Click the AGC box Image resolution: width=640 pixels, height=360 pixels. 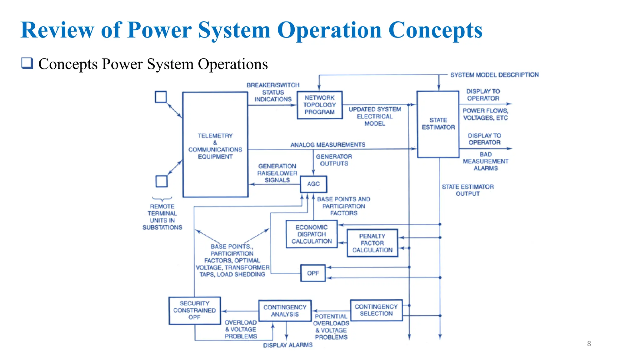[313, 184]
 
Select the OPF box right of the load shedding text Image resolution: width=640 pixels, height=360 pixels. [313, 273]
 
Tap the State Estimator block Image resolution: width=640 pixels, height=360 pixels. [438, 124]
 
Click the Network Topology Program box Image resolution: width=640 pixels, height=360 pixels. [319, 105]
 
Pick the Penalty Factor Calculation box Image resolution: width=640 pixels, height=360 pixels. [372, 243]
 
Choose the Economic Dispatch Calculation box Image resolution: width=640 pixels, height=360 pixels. [312, 234]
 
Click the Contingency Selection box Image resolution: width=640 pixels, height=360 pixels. [376, 310]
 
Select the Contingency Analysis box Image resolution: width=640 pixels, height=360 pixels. [285, 311]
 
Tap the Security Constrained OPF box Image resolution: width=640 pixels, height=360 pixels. [194, 311]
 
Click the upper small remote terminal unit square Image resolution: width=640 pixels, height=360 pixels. [161, 97]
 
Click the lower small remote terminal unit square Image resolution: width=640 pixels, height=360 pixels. [162, 181]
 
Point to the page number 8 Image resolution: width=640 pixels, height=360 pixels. [589, 344]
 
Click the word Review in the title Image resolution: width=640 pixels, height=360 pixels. [57, 30]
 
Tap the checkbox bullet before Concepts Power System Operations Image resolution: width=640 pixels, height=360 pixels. [27, 63]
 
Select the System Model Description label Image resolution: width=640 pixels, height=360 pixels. [494, 75]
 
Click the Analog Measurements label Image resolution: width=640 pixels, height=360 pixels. [328, 145]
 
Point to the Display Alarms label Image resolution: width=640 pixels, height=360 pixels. [287, 345]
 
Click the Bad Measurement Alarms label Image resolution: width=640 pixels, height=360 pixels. [485, 161]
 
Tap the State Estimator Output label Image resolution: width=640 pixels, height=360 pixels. [467, 190]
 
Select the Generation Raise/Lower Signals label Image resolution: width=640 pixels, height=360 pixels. [277, 173]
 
